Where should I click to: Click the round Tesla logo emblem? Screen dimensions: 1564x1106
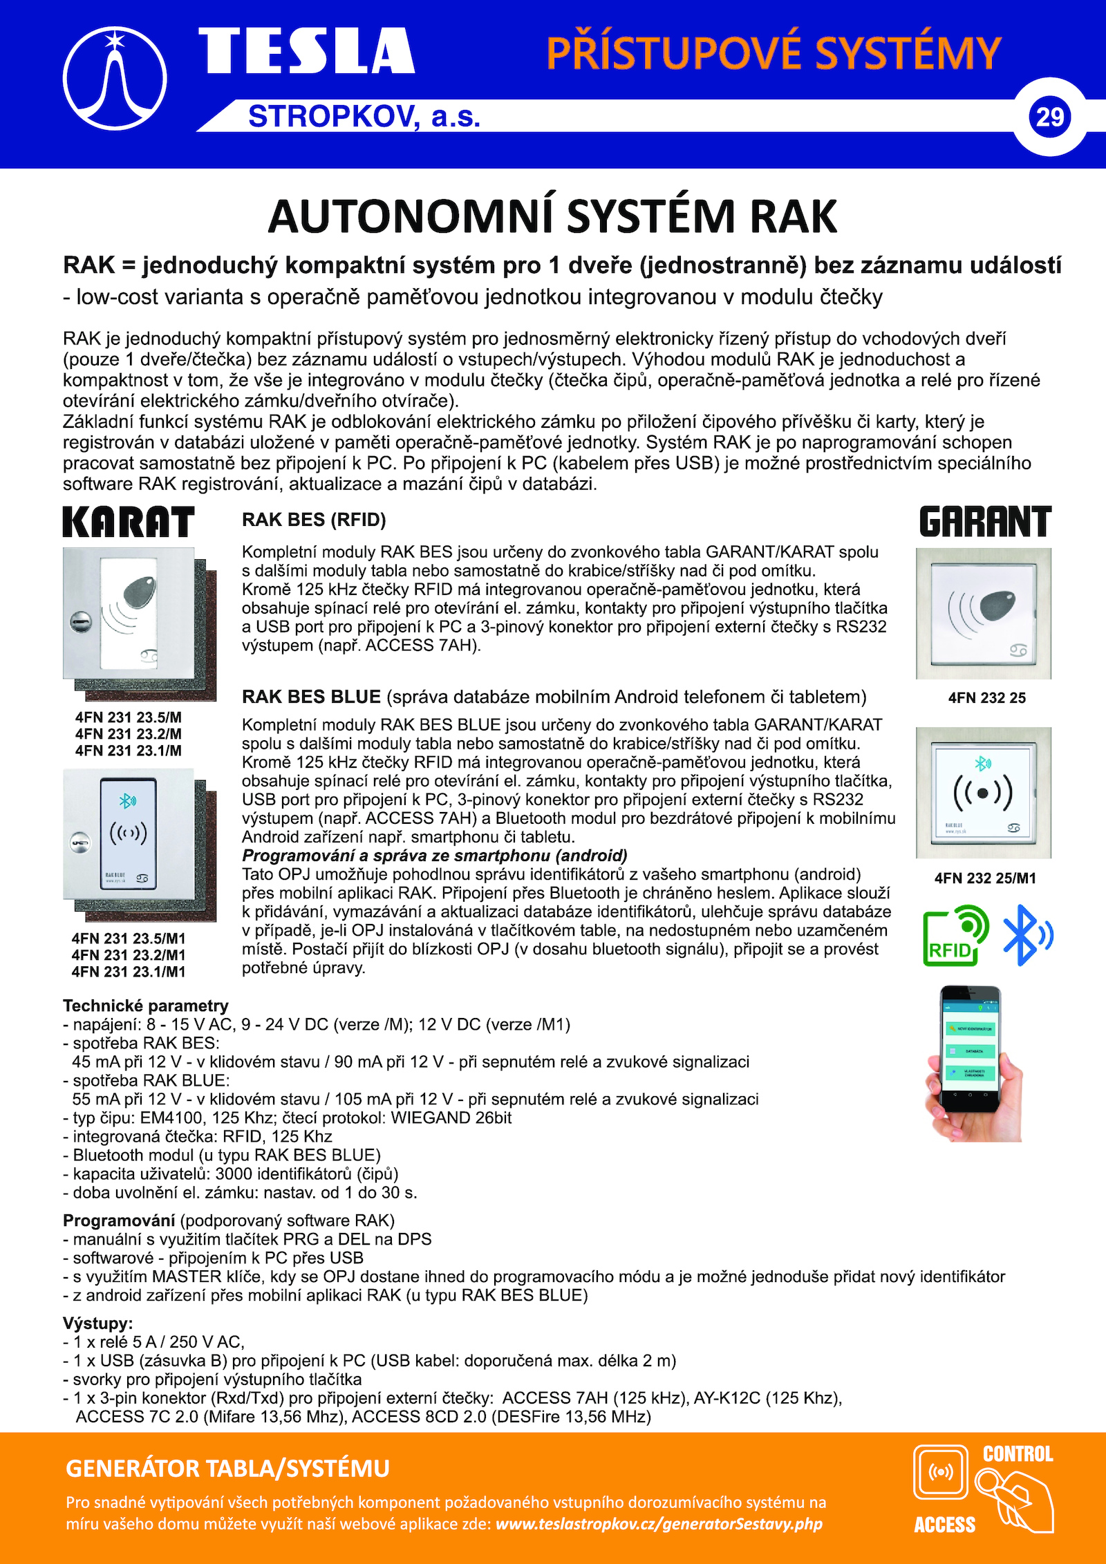pos(115,79)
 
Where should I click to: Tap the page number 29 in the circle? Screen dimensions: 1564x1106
pos(1049,117)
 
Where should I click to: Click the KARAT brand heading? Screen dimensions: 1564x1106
pos(129,522)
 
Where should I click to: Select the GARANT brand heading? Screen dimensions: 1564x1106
pos(985,522)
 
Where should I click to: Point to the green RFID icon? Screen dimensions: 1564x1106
pos(955,936)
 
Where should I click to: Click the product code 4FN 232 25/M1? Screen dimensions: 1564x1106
pos(985,878)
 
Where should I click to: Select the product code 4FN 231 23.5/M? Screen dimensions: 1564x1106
pos(129,717)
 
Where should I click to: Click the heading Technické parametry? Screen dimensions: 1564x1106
pos(145,1006)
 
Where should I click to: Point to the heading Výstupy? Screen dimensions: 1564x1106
pos(97,1323)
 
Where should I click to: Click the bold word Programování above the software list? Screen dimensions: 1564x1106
pos(118,1220)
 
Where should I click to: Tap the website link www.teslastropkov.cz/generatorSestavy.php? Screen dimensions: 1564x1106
pos(659,1524)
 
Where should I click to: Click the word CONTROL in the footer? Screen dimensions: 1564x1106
pos(1018,1454)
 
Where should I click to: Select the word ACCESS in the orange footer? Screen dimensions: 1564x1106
pos(944,1525)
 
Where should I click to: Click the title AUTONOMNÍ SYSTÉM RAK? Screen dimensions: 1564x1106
pos(552,216)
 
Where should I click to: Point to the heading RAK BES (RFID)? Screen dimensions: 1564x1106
pos(314,520)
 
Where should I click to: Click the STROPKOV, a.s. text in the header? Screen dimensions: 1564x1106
pos(364,116)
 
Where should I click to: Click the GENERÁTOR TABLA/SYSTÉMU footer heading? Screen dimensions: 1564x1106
pos(227,1468)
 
